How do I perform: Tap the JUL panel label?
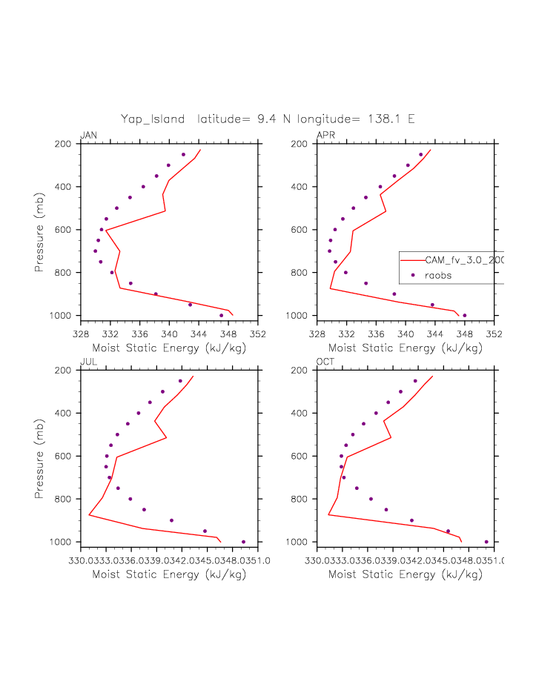(x=87, y=362)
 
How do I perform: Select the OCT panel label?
(x=325, y=362)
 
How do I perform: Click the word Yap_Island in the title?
(x=153, y=119)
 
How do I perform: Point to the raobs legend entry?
(x=437, y=275)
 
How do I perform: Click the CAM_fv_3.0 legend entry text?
(x=463, y=260)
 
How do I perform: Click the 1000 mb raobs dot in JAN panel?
(x=221, y=316)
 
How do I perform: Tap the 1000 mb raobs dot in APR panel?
(x=465, y=316)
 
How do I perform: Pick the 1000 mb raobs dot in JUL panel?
(x=243, y=542)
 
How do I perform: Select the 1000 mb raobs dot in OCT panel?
(x=486, y=542)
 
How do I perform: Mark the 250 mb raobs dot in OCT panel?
(x=415, y=381)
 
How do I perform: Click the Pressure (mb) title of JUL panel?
(x=39, y=456)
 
